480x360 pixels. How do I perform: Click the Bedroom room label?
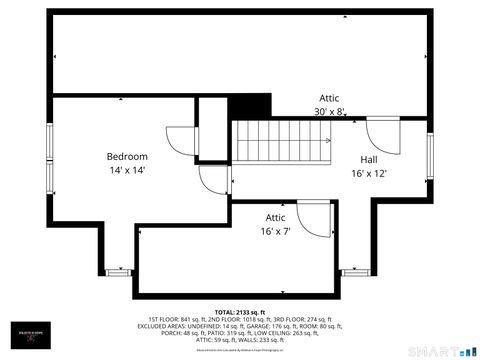click(127, 156)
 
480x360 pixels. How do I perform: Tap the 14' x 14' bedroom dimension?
click(127, 171)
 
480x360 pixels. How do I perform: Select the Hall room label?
click(369, 159)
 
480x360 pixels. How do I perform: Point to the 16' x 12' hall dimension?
click(369, 173)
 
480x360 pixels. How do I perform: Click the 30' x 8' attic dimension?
click(328, 112)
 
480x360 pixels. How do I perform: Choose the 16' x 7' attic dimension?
click(275, 231)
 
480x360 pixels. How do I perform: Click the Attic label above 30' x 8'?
click(329, 98)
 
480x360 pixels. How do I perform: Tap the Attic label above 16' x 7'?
click(275, 217)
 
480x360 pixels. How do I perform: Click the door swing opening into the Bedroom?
click(180, 141)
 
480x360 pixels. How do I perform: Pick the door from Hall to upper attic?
click(383, 132)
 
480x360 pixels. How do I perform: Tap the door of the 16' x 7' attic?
click(314, 219)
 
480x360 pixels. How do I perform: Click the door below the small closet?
click(214, 180)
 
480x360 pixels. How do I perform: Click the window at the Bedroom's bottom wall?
click(118, 271)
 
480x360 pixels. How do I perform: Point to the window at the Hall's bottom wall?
click(354, 271)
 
